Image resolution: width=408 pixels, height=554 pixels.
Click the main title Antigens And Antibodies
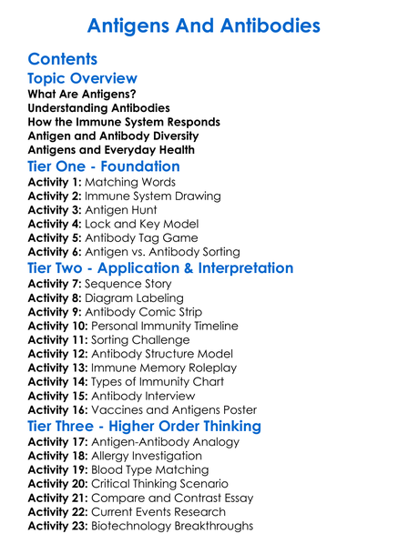click(203, 25)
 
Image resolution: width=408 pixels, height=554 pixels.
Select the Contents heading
click(63, 59)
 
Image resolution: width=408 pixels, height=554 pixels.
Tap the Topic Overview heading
click(83, 78)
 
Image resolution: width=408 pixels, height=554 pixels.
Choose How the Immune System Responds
click(124, 122)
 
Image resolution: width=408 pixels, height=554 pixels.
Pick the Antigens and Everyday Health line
click(111, 149)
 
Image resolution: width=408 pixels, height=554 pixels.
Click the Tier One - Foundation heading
click(104, 166)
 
